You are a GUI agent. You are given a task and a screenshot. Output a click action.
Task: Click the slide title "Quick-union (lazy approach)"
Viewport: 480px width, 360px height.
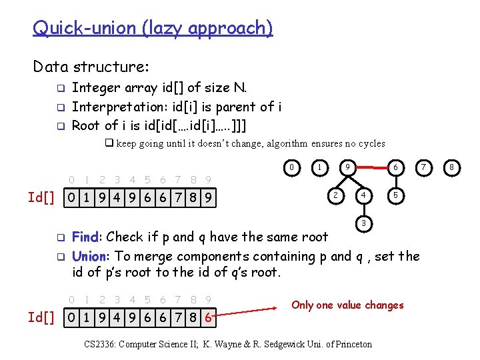(x=153, y=28)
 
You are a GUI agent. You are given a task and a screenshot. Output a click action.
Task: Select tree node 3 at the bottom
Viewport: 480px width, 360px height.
(x=363, y=222)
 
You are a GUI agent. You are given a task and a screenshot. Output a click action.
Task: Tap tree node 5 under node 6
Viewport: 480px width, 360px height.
(x=396, y=195)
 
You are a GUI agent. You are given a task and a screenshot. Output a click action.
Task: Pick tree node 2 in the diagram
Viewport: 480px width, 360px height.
(x=336, y=195)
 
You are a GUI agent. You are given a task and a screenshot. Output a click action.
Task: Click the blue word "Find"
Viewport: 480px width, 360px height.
(x=85, y=237)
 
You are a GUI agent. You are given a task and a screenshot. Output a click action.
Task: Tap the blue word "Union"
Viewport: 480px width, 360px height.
(x=89, y=256)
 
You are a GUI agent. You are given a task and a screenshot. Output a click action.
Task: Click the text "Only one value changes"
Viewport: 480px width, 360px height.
(x=347, y=305)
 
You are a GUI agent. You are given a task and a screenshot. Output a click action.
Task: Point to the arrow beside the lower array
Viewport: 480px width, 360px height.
(x=250, y=309)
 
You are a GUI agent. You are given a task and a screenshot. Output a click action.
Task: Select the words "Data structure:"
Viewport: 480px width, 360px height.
(x=91, y=67)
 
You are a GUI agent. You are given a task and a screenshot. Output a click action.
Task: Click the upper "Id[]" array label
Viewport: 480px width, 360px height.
(x=41, y=197)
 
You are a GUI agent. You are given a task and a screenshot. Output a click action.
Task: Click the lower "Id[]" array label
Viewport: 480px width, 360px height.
(x=41, y=317)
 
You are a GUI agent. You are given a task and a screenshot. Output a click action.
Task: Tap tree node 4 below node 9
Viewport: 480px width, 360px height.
(x=363, y=195)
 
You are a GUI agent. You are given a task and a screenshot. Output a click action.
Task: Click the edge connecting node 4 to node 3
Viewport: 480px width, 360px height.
(x=363, y=209)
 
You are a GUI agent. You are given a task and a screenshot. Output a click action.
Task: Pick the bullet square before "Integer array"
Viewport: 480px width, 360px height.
(x=59, y=88)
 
